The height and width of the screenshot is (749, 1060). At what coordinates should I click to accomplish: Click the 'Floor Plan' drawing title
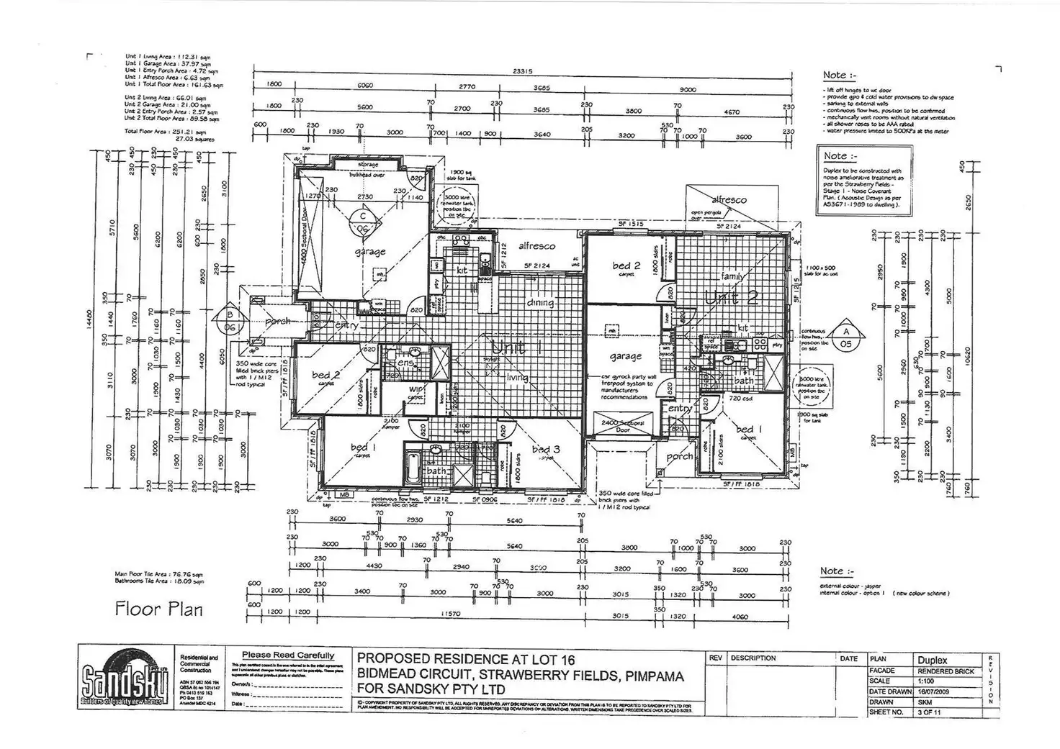pos(158,609)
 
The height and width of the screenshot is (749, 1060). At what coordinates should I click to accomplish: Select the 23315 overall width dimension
pos(524,71)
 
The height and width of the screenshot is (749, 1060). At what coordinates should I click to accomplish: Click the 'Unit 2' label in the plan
pos(732,298)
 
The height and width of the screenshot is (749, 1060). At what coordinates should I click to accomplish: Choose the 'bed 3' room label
pos(545,450)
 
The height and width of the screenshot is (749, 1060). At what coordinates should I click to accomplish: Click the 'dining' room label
pos(540,303)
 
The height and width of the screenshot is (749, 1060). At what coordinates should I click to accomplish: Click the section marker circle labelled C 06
pos(363,221)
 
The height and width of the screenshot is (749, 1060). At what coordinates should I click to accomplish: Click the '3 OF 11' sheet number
pos(928,712)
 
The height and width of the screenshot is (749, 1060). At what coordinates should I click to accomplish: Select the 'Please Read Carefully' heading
pos(288,655)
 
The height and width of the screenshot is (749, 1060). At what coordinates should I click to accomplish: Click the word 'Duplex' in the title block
pos(933,659)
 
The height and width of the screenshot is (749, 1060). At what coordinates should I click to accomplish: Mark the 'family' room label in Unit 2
pos(731,276)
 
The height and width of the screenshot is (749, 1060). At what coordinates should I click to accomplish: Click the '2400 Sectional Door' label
pos(624,426)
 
